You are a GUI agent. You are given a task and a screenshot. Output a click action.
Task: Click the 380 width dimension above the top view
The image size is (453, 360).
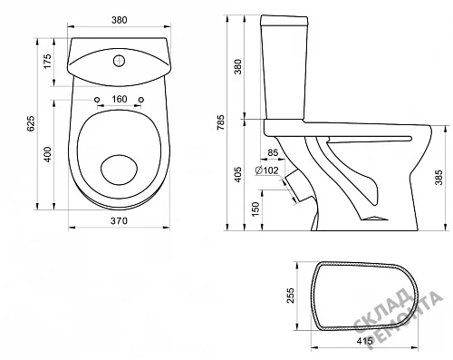point(120,20)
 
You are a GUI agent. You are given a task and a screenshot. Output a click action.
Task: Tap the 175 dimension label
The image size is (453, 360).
point(48,62)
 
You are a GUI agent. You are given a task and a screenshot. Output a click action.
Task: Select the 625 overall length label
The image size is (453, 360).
point(31,123)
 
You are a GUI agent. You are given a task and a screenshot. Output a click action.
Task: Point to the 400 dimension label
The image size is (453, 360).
point(48,154)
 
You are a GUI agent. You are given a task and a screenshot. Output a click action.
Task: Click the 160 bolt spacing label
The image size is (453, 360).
point(120,99)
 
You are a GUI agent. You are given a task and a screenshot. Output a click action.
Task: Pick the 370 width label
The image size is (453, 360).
point(119,221)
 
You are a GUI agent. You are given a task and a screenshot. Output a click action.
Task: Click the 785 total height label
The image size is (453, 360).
point(221,122)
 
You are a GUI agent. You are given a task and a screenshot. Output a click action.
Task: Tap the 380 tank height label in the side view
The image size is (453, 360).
point(238,66)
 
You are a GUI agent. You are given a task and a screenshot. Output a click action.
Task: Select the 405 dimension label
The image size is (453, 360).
point(238,174)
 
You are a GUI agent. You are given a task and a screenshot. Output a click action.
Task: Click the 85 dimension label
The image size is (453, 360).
point(273,152)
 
